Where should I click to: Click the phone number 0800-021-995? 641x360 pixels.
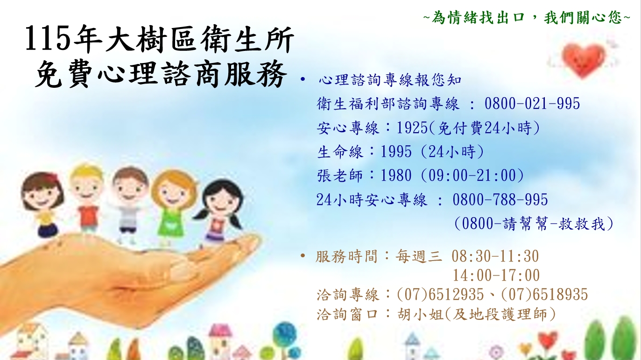532,104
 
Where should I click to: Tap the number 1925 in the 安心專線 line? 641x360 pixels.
412,128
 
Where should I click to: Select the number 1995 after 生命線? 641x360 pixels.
396,152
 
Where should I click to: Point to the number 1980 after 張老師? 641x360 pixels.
396,176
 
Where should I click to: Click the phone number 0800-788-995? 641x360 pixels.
500,200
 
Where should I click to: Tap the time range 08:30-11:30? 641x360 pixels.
495,256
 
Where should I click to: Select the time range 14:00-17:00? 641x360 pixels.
496,275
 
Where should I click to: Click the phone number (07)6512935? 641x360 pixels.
440,295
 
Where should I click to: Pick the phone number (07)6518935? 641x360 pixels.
544,295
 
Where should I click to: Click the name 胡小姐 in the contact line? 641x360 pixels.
420,314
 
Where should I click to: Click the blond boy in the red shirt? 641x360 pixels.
87,198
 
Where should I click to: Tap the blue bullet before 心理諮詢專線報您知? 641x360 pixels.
303,79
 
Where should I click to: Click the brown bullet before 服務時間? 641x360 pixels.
303,255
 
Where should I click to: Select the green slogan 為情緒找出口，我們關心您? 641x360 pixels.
527,17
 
